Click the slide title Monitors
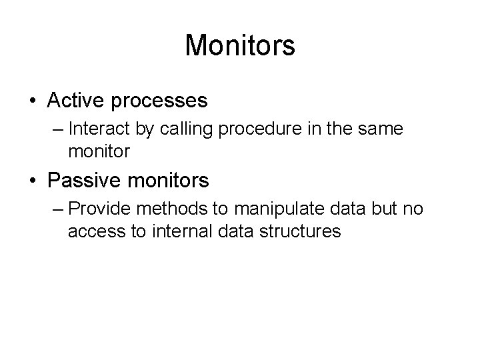pos(240,46)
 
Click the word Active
pos(75,101)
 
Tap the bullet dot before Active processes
pos(32,101)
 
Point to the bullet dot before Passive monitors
pos(32,180)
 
